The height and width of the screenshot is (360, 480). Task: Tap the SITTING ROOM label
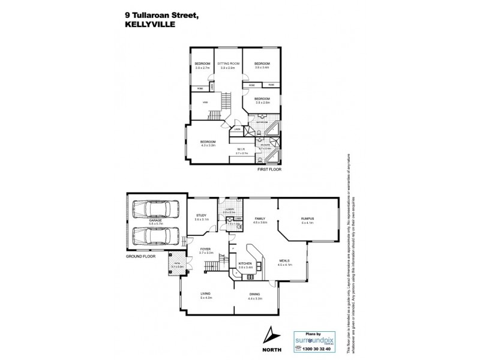point(229,63)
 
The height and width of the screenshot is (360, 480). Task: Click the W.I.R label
point(239,149)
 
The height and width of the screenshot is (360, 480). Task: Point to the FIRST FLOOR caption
point(269,170)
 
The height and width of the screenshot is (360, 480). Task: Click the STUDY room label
point(201,217)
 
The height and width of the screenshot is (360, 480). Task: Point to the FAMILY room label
point(260,218)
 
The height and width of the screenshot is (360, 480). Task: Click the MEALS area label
point(284,260)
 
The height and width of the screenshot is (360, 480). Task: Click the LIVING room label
point(206,293)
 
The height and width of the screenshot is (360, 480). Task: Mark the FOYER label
point(206,249)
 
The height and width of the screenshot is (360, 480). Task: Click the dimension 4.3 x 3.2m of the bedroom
point(208,145)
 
